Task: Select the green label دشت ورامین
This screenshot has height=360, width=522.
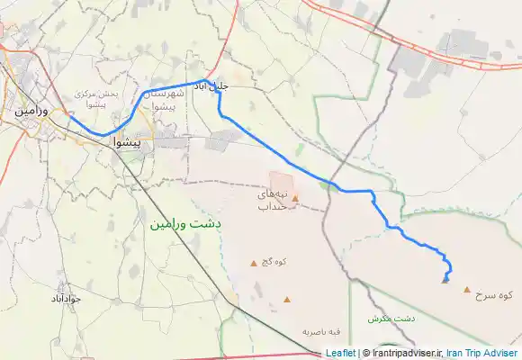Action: (185, 220)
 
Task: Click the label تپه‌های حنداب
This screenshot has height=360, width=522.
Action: (272, 201)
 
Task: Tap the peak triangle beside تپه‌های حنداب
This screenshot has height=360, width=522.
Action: (294, 198)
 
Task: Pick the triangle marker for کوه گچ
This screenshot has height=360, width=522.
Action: (253, 263)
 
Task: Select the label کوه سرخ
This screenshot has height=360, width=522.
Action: (497, 294)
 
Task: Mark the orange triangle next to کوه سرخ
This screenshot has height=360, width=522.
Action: (466, 290)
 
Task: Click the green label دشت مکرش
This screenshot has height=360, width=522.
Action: (391, 319)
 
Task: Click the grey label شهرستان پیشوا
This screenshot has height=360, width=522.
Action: (165, 98)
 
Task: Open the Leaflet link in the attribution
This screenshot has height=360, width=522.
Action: (341, 353)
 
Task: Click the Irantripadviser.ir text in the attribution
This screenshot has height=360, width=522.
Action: (402, 353)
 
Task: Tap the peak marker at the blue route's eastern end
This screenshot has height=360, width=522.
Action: (445, 280)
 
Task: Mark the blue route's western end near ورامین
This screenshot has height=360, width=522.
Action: (69, 114)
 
